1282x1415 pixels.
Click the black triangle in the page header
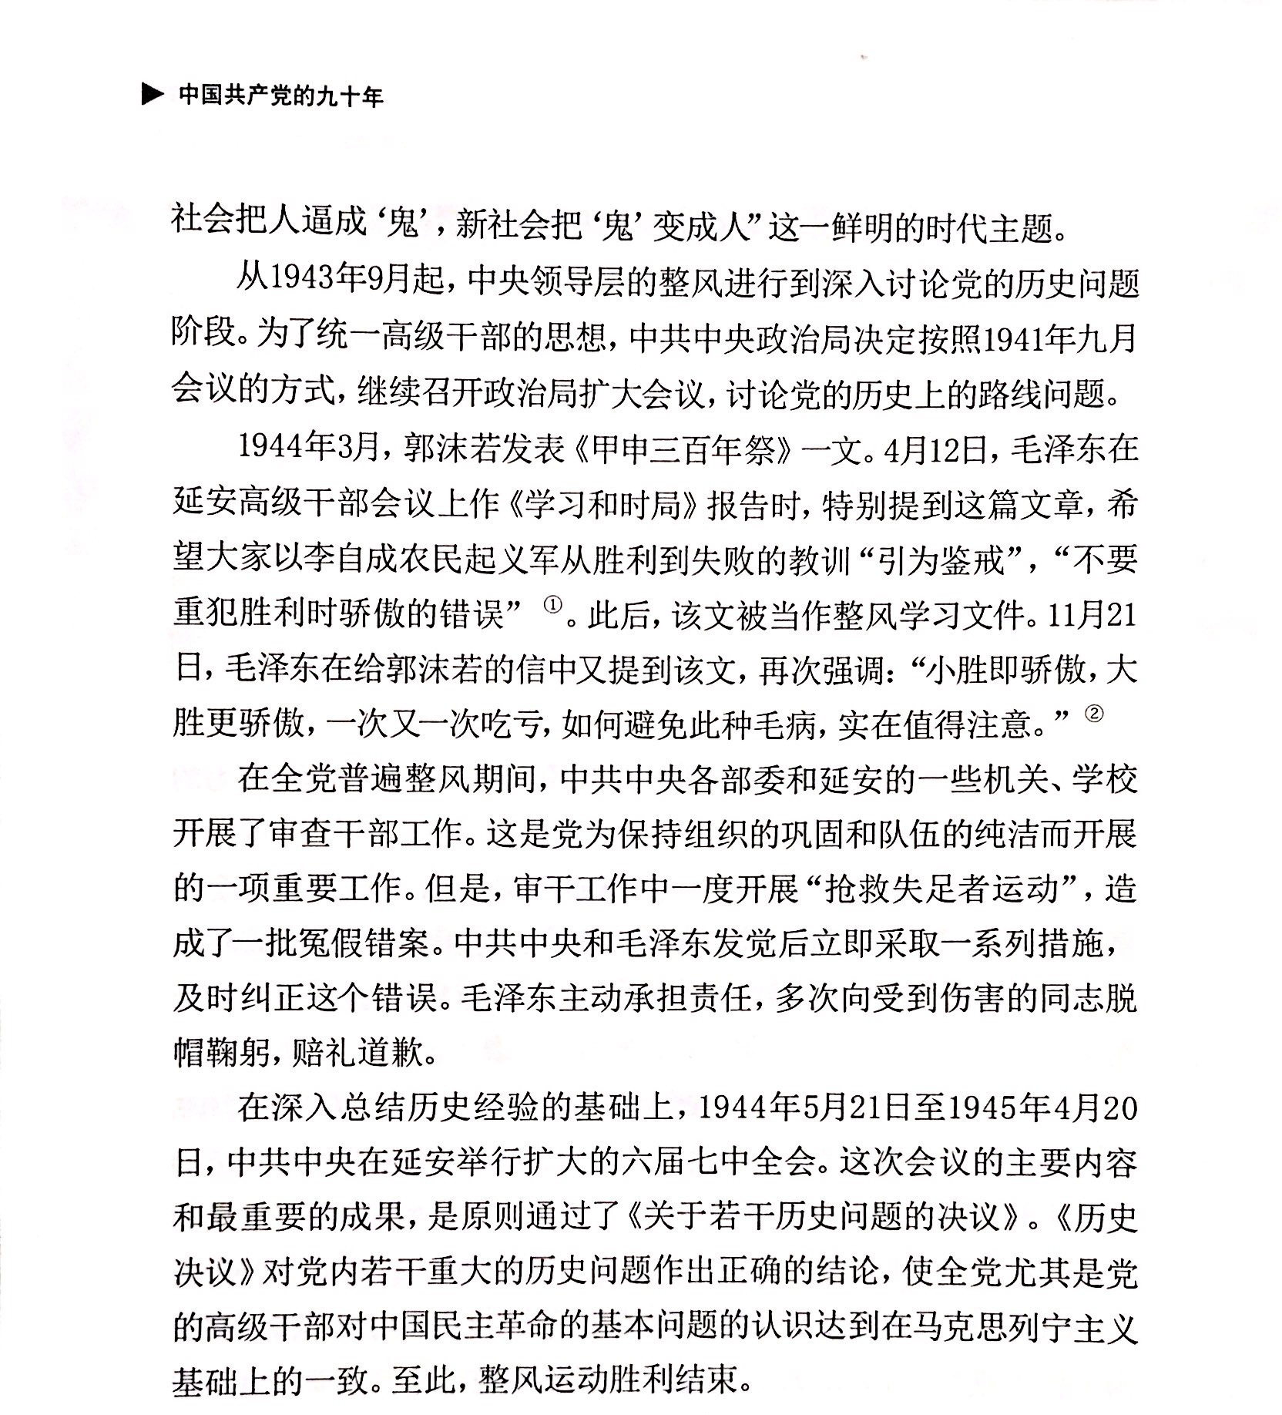pos(152,96)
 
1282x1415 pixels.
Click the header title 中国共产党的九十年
pos(280,96)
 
